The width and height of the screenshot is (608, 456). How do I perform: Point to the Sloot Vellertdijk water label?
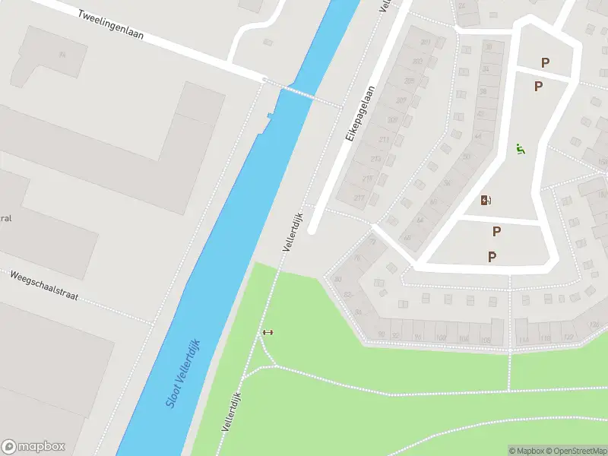pos(182,372)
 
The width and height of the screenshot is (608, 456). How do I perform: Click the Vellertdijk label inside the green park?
pos(231,413)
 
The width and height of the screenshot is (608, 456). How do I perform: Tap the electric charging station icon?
pos(486,201)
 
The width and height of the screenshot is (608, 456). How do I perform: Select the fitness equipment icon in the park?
pos(267,332)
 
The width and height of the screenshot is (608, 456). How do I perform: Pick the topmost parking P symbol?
pos(544,62)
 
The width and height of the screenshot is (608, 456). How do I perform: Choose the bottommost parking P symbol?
pos(492,257)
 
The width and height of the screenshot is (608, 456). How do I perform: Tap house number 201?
pos(426,42)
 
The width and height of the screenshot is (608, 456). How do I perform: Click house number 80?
pos(337,278)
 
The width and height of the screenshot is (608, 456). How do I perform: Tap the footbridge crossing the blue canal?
pos(299,93)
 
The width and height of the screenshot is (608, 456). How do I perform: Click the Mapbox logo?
pos(33,447)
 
